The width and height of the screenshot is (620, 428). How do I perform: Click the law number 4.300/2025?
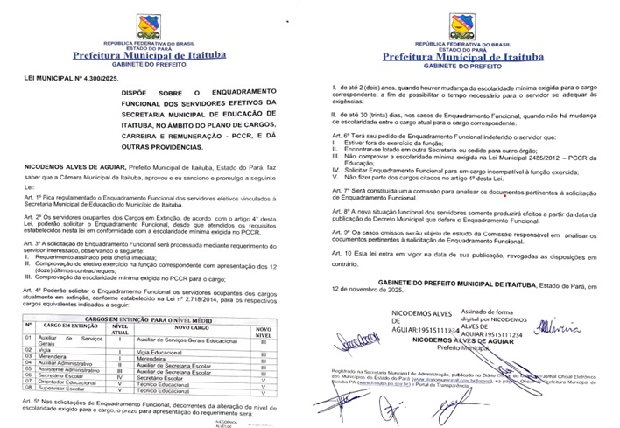pos(98,78)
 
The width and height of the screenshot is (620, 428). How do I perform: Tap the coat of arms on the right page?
pos(461,25)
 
